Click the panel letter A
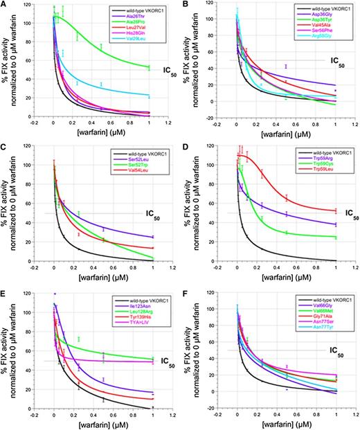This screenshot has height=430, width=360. coord(6,4)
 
